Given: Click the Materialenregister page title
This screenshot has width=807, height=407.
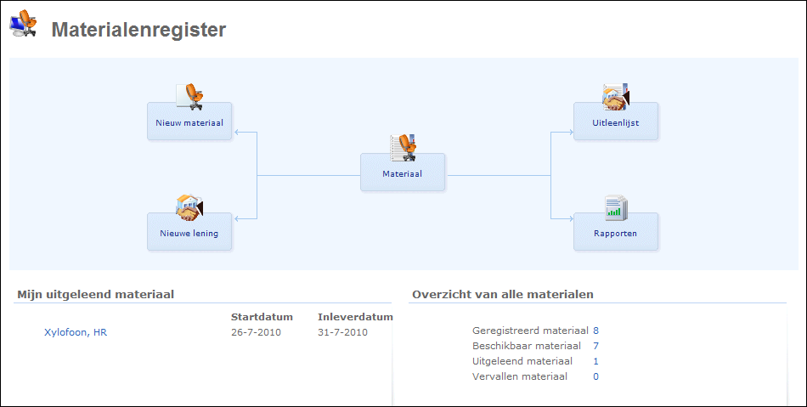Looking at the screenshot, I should (x=138, y=30).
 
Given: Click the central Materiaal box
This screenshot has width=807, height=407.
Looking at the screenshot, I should (x=403, y=174).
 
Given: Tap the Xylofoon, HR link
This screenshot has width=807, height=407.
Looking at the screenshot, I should (x=76, y=332).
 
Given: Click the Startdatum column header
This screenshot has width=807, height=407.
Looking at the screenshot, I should (x=262, y=317).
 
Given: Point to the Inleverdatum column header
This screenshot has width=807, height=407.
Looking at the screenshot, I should (x=355, y=317).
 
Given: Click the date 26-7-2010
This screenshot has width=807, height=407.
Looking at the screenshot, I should (x=256, y=332).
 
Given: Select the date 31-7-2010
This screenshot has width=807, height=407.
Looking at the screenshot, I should (x=342, y=332).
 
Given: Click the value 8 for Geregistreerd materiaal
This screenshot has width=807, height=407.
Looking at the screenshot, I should (x=596, y=331).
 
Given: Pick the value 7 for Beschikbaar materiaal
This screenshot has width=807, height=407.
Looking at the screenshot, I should (x=596, y=346).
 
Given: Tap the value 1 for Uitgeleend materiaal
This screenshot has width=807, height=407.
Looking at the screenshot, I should (x=596, y=361).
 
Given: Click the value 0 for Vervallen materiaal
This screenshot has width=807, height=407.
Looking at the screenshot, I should (x=596, y=376).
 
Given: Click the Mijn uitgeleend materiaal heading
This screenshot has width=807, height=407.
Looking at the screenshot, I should (x=95, y=295).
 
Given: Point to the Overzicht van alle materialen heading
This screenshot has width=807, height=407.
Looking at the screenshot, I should (x=503, y=295).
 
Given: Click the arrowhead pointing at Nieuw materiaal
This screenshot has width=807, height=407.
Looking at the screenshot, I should (x=237, y=133).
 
